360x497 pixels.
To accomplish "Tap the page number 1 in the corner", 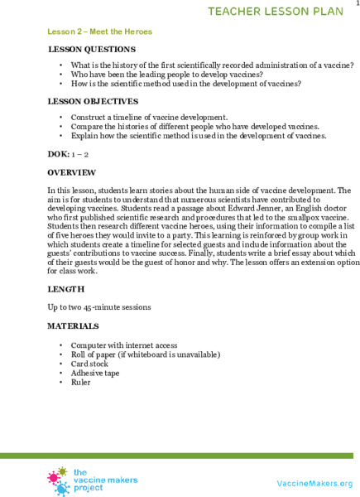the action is click(x=355, y=4).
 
